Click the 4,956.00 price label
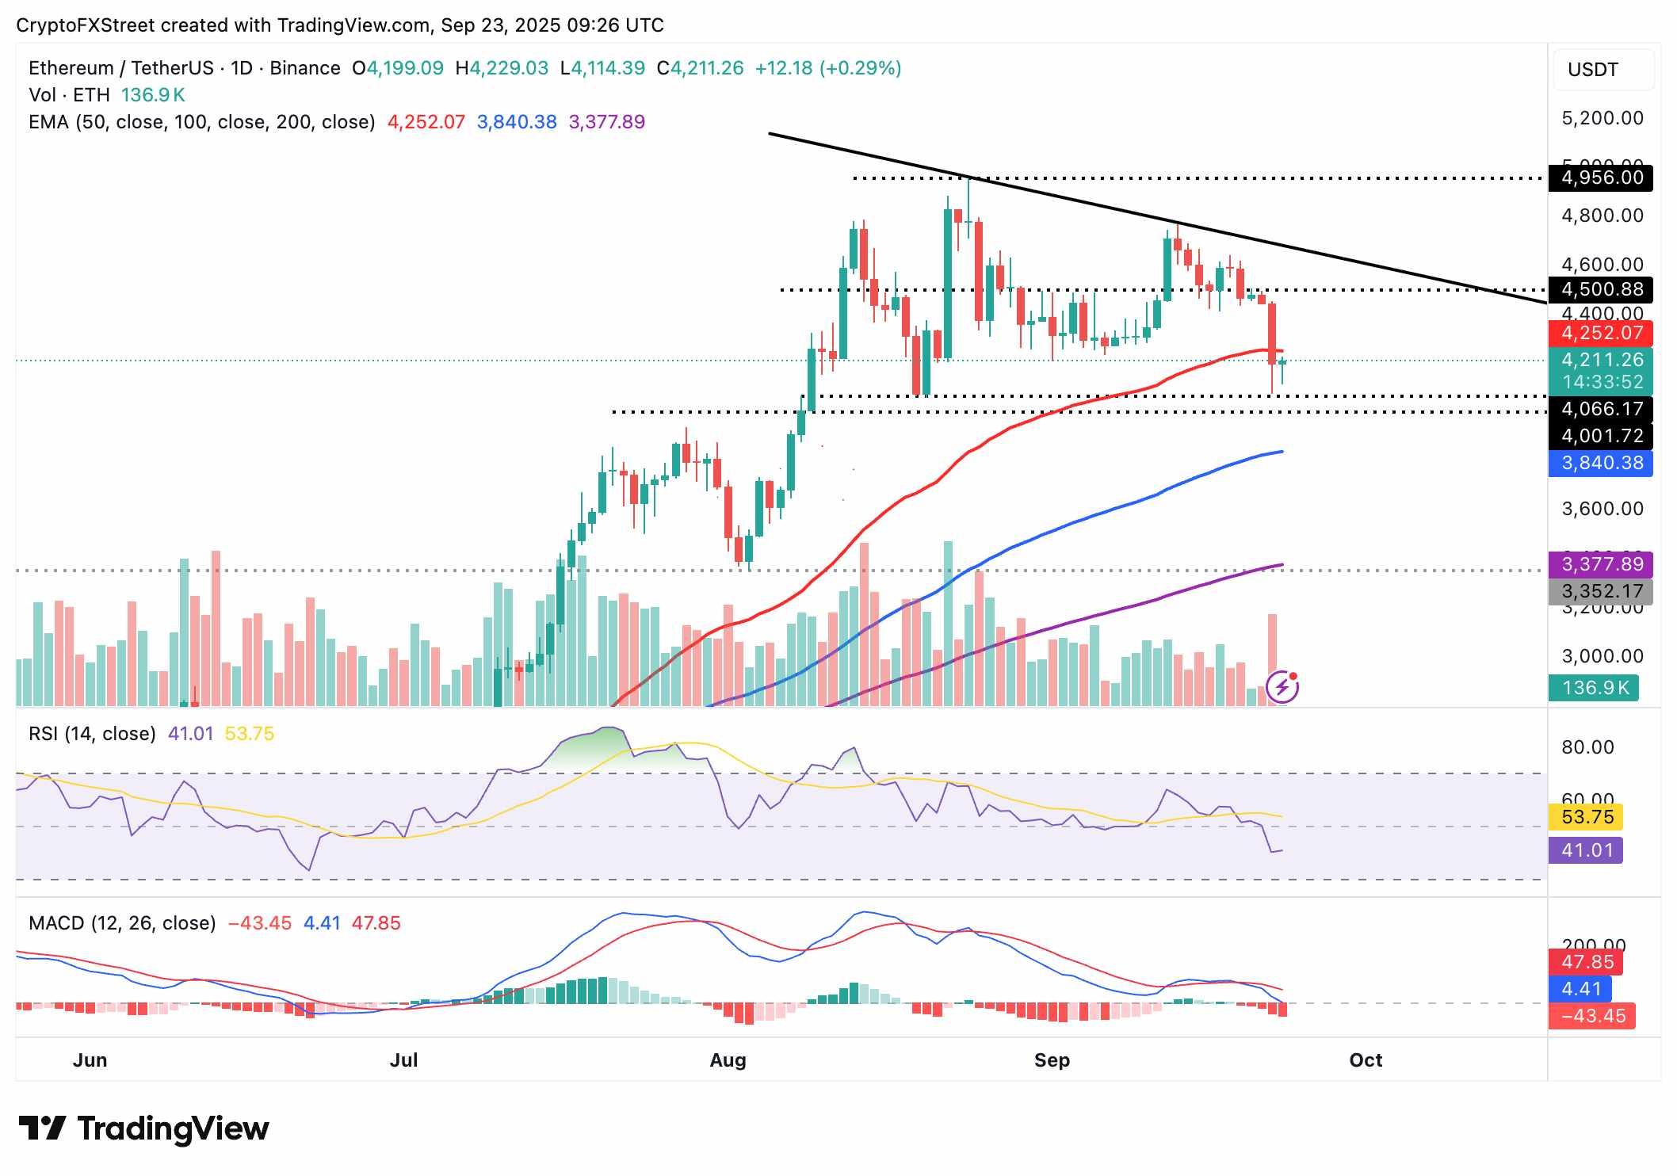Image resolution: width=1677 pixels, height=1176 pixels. [1601, 178]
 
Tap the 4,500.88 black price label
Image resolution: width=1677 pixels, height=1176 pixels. [1601, 289]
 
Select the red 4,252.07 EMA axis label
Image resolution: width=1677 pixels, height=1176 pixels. [1601, 333]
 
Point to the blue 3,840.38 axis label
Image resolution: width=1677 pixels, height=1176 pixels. [1601, 463]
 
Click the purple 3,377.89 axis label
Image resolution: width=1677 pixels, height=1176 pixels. [1601, 564]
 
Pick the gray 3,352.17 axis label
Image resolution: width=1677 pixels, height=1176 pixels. [1601, 591]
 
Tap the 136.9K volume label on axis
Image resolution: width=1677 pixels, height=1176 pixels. [1594, 688]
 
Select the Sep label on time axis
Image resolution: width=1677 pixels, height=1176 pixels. [1052, 1060]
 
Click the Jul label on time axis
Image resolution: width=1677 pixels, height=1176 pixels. [403, 1060]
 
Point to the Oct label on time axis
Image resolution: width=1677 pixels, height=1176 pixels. [1366, 1060]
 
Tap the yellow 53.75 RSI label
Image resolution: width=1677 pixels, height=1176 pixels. [1586, 817]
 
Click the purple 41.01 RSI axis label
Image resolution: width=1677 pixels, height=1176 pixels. [1586, 850]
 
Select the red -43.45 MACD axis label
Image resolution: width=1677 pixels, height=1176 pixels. [1591, 1016]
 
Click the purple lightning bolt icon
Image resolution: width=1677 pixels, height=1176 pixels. [1282, 687]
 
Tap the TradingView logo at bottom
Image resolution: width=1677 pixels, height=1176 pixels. [143, 1128]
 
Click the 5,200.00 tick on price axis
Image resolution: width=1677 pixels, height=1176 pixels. [1602, 119]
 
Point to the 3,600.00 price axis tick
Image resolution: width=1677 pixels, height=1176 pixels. [1602, 509]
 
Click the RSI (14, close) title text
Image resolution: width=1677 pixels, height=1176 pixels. [92, 734]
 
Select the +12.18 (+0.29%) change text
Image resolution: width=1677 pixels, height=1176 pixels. [827, 68]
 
